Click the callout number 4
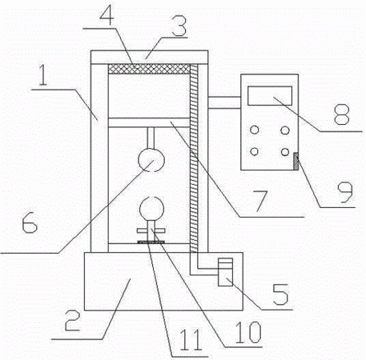[107, 17]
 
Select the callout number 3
[179, 26]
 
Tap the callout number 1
[42, 75]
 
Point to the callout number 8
[342, 114]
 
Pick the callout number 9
[345, 193]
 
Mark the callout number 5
[280, 294]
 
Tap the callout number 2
[72, 321]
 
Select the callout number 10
[249, 332]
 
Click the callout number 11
[191, 339]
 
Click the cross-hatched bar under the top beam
[149, 69]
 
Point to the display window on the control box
[270, 95]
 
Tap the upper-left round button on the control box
[255, 130]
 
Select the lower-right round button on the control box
[285, 152]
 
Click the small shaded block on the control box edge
[296, 161]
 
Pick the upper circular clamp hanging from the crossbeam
[151, 160]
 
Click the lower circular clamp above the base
[151, 209]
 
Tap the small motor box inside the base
[225, 272]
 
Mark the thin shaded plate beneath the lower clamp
[151, 242]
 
